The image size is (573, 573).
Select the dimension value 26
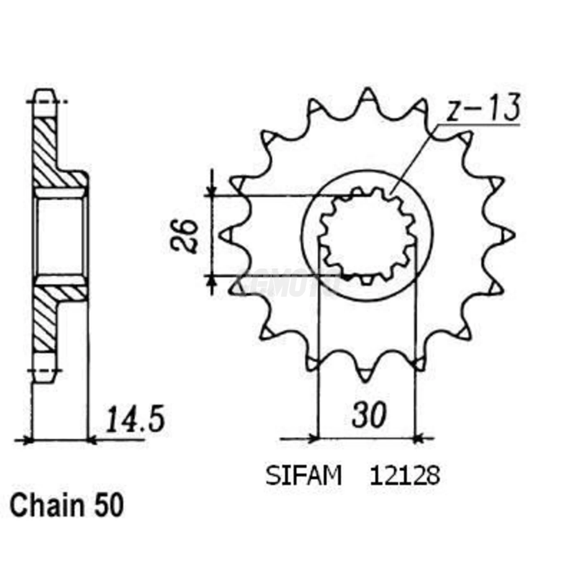pos(184,236)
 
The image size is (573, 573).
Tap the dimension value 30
pos(369,415)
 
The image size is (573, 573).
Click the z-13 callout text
pos(483,108)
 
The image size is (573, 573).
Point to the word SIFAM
pos(303,476)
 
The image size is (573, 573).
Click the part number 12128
pos(405,476)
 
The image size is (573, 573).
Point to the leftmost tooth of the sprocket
pos(226,235)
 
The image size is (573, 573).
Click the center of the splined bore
pos(367,236)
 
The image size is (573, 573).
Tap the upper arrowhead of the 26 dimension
pos(212,191)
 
